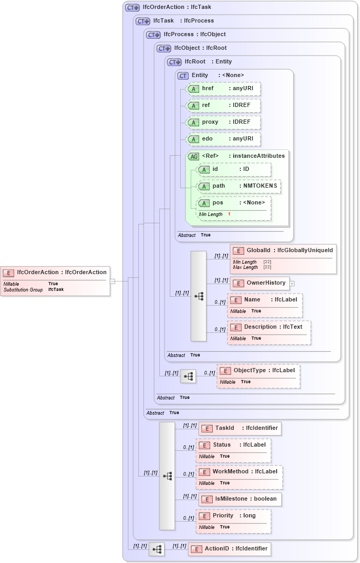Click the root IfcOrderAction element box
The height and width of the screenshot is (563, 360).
click(56, 281)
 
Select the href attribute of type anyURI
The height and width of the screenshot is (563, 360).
click(224, 89)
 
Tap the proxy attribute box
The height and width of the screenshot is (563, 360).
click(224, 122)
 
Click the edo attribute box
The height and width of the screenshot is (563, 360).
click(224, 139)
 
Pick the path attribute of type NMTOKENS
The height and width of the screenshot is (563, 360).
click(238, 186)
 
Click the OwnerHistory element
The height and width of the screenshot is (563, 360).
click(259, 283)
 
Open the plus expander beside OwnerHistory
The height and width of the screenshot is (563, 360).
click(292, 284)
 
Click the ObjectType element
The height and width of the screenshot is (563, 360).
click(258, 376)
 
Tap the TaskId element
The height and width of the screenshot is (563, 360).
click(240, 428)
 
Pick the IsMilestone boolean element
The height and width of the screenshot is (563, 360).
click(240, 499)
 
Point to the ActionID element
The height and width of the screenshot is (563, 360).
click(230, 549)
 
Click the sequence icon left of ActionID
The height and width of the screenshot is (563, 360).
click(156, 549)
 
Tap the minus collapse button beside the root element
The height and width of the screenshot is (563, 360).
click(112, 281)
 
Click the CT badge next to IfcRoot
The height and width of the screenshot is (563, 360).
click(174, 62)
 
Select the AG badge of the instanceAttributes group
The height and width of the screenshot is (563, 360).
click(194, 156)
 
